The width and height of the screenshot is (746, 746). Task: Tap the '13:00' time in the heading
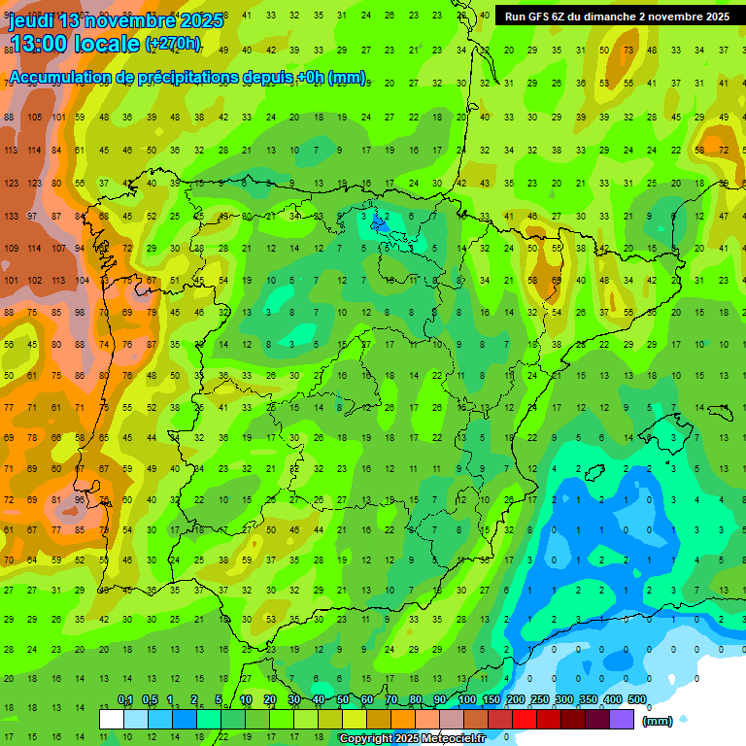[x=38, y=43]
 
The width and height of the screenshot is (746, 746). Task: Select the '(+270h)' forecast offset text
[x=172, y=43]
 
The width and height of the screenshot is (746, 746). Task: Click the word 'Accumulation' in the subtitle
[x=58, y=78]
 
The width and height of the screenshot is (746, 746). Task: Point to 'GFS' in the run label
[x=540, y=17]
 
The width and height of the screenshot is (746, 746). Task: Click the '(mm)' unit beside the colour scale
[x=658, y=720]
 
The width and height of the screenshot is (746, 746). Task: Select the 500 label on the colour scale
[x=637, y=699]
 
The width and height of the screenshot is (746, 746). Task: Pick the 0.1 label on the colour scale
[x=125, y=699]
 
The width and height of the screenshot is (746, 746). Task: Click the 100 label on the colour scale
[x=467, y=699]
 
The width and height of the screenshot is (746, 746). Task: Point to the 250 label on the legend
[x=540, y=699]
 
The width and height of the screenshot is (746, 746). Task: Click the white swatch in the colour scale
[x=112, y=719]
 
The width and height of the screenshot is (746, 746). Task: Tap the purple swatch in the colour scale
[x=622, y=719]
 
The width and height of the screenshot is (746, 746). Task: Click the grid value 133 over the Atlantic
[x=11, y=216]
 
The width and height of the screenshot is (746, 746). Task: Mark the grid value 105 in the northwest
[x=35, y=118]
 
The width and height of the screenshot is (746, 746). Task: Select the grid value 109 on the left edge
[x=11, y=249]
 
